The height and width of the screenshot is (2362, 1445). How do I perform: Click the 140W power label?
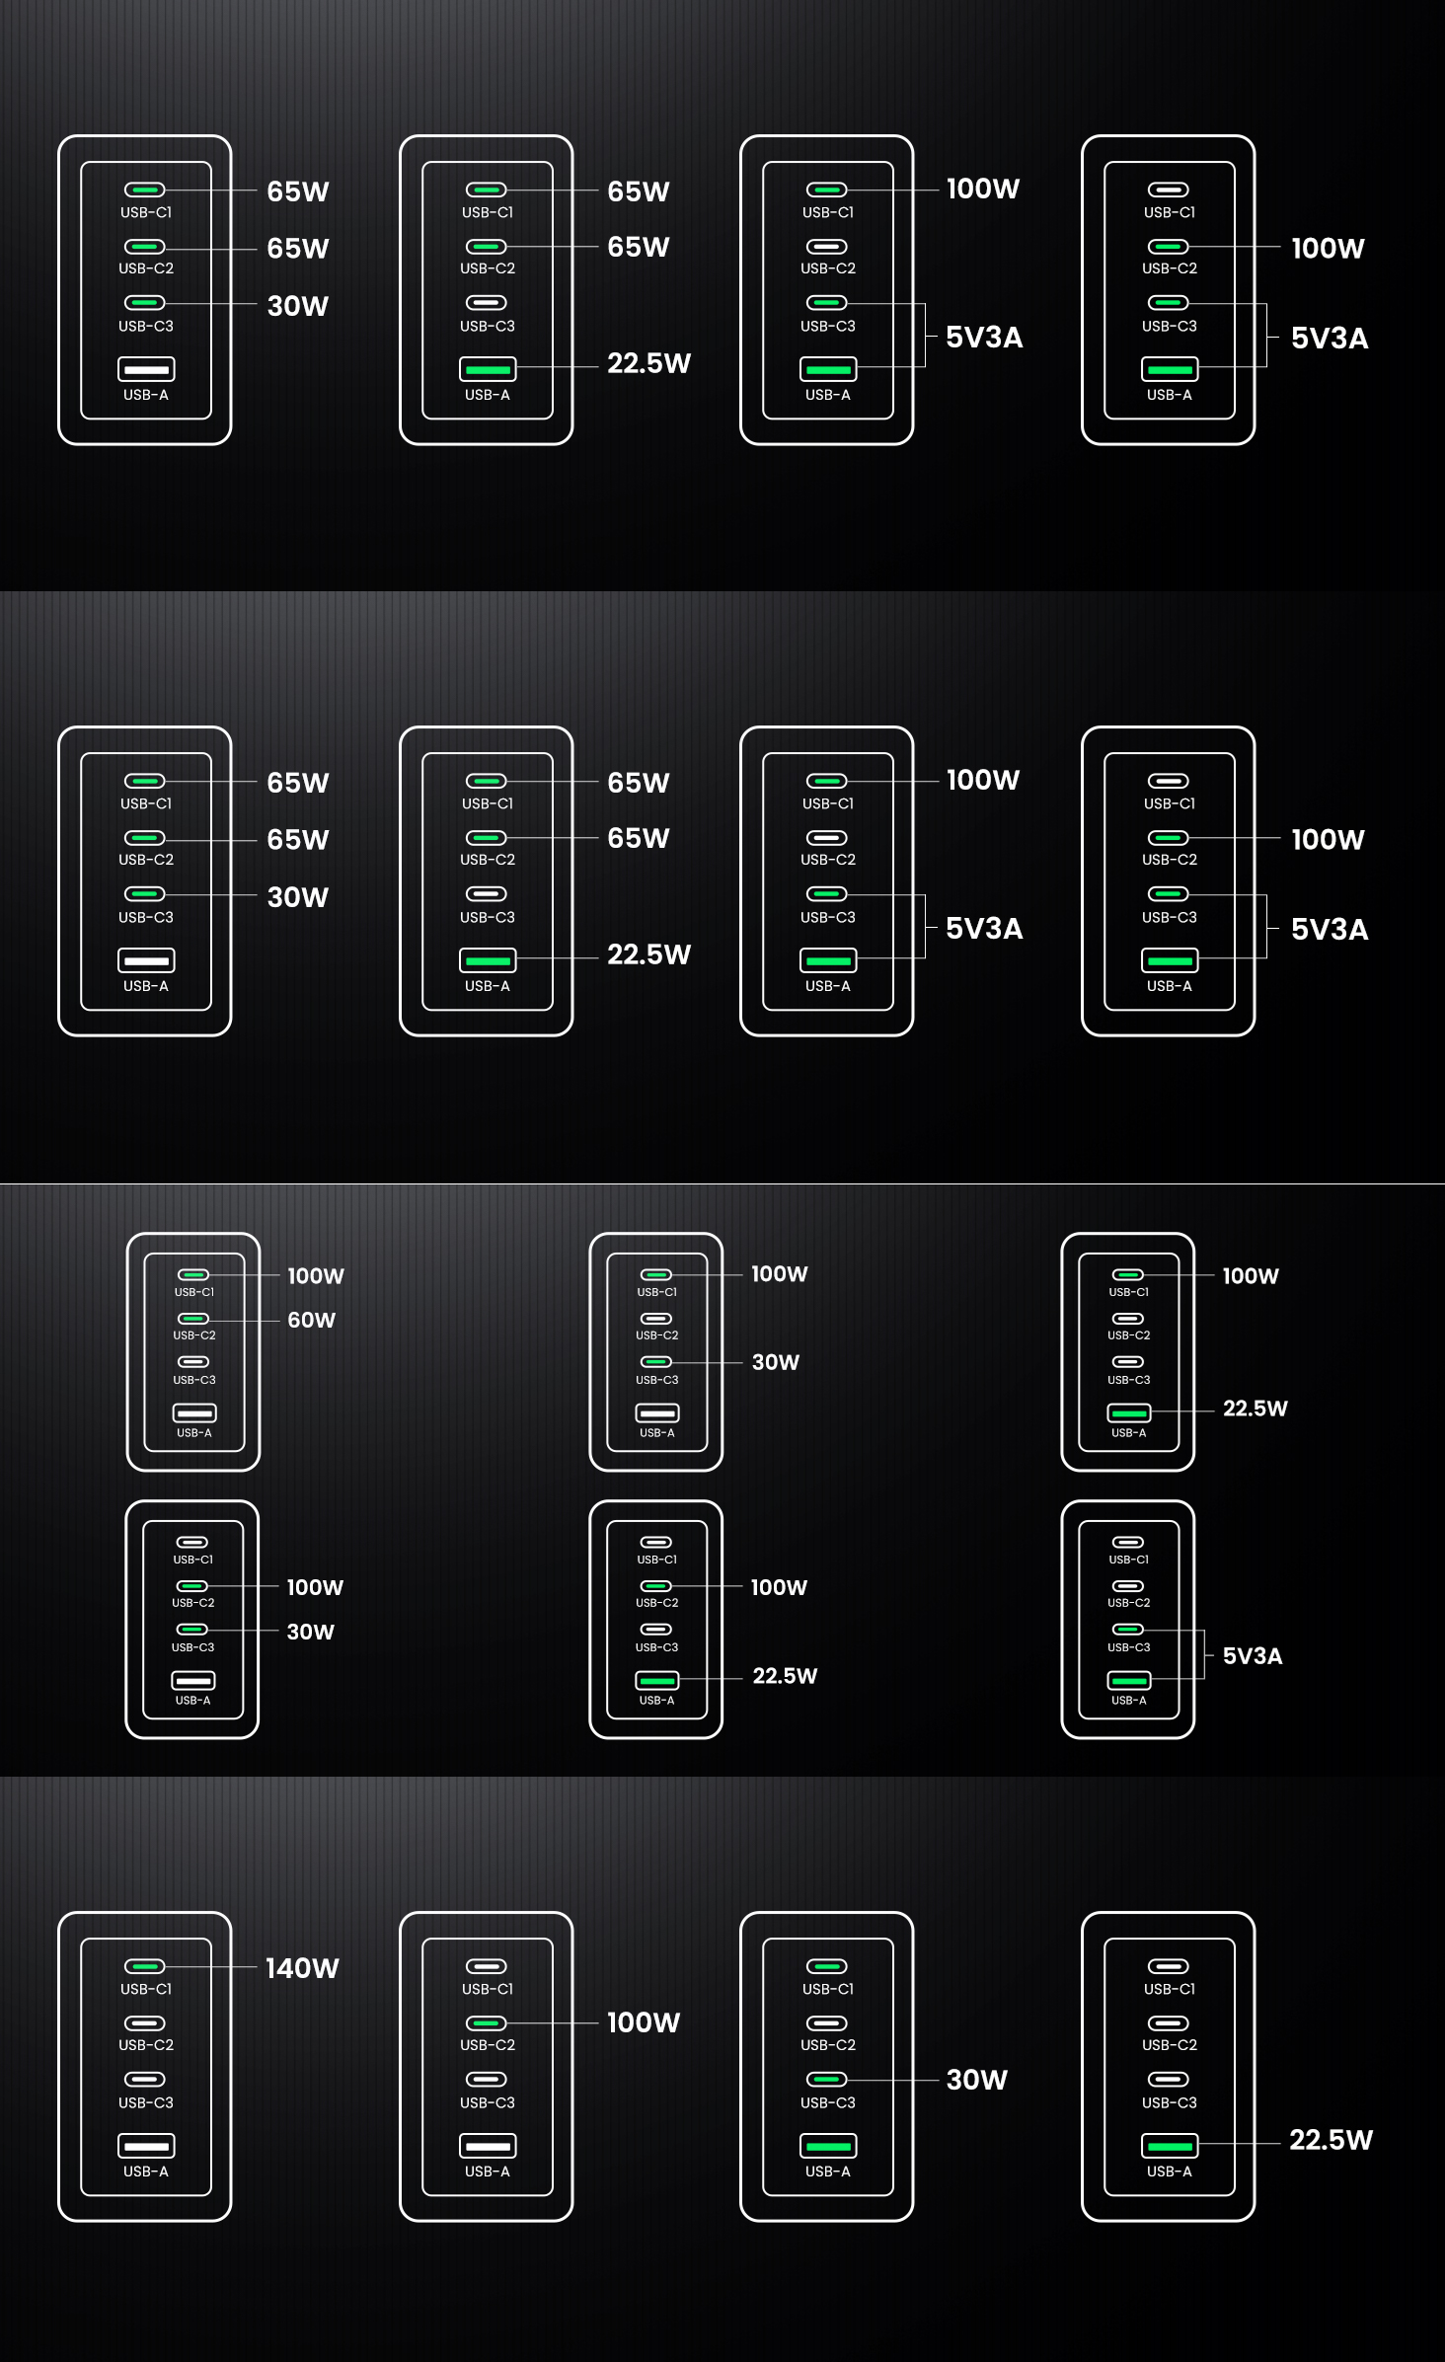[x=302, y=1968]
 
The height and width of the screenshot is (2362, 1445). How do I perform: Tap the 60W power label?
[x=311, y=1320]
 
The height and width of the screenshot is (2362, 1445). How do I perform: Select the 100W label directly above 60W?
[x=316, y=1275]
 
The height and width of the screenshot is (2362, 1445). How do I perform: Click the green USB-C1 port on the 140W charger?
[x=145, y=1966]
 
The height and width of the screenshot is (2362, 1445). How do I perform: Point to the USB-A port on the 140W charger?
[x=146, y=2146]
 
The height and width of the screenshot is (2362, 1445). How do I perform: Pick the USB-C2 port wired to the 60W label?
[x=193, y=1319]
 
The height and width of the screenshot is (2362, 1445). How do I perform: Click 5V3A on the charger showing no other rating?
[x=1253, y=1656]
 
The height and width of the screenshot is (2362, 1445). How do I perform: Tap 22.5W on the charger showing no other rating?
[x=1331, y=2140]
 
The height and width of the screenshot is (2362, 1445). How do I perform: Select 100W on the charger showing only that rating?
[x=644, y=2022]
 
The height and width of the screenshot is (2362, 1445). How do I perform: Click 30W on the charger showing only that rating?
[x=977, y=2080]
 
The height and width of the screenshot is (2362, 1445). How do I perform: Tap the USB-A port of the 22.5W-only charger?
[x=1170, y=2146]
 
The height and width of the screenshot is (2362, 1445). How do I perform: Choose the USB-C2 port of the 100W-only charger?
[x=487, y=2022]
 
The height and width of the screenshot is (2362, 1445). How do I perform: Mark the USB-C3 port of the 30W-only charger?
[x=827, y=2079]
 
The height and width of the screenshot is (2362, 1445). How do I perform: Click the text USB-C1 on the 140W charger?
[x=146, y=1989]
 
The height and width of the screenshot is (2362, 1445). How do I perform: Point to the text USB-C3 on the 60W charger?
[x=194, y=1380]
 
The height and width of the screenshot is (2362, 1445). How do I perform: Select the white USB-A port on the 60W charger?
[x=194, y=1413]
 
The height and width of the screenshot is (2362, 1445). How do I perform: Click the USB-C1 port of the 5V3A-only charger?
[x=1128, y=1542]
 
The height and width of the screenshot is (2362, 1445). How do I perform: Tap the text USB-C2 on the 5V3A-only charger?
[x=1129, y=1603]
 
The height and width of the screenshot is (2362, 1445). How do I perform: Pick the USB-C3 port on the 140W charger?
[x=145, y=2079]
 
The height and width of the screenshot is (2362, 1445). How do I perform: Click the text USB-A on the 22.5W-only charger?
[x=1170, y=2172]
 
